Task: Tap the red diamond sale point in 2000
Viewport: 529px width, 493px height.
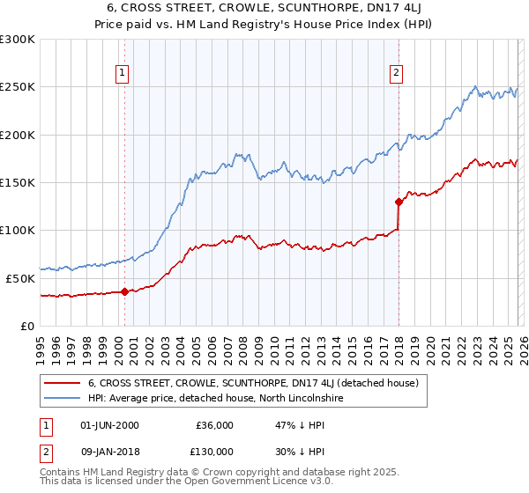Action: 124,291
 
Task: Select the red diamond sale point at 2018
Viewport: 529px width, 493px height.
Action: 399,202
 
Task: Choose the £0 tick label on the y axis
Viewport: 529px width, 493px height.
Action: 26,326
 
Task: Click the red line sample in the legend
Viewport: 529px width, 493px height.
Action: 62,383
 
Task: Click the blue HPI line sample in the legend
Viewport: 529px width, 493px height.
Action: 62,399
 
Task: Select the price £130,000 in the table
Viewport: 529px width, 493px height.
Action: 213,453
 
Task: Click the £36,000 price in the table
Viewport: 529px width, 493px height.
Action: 213,425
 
